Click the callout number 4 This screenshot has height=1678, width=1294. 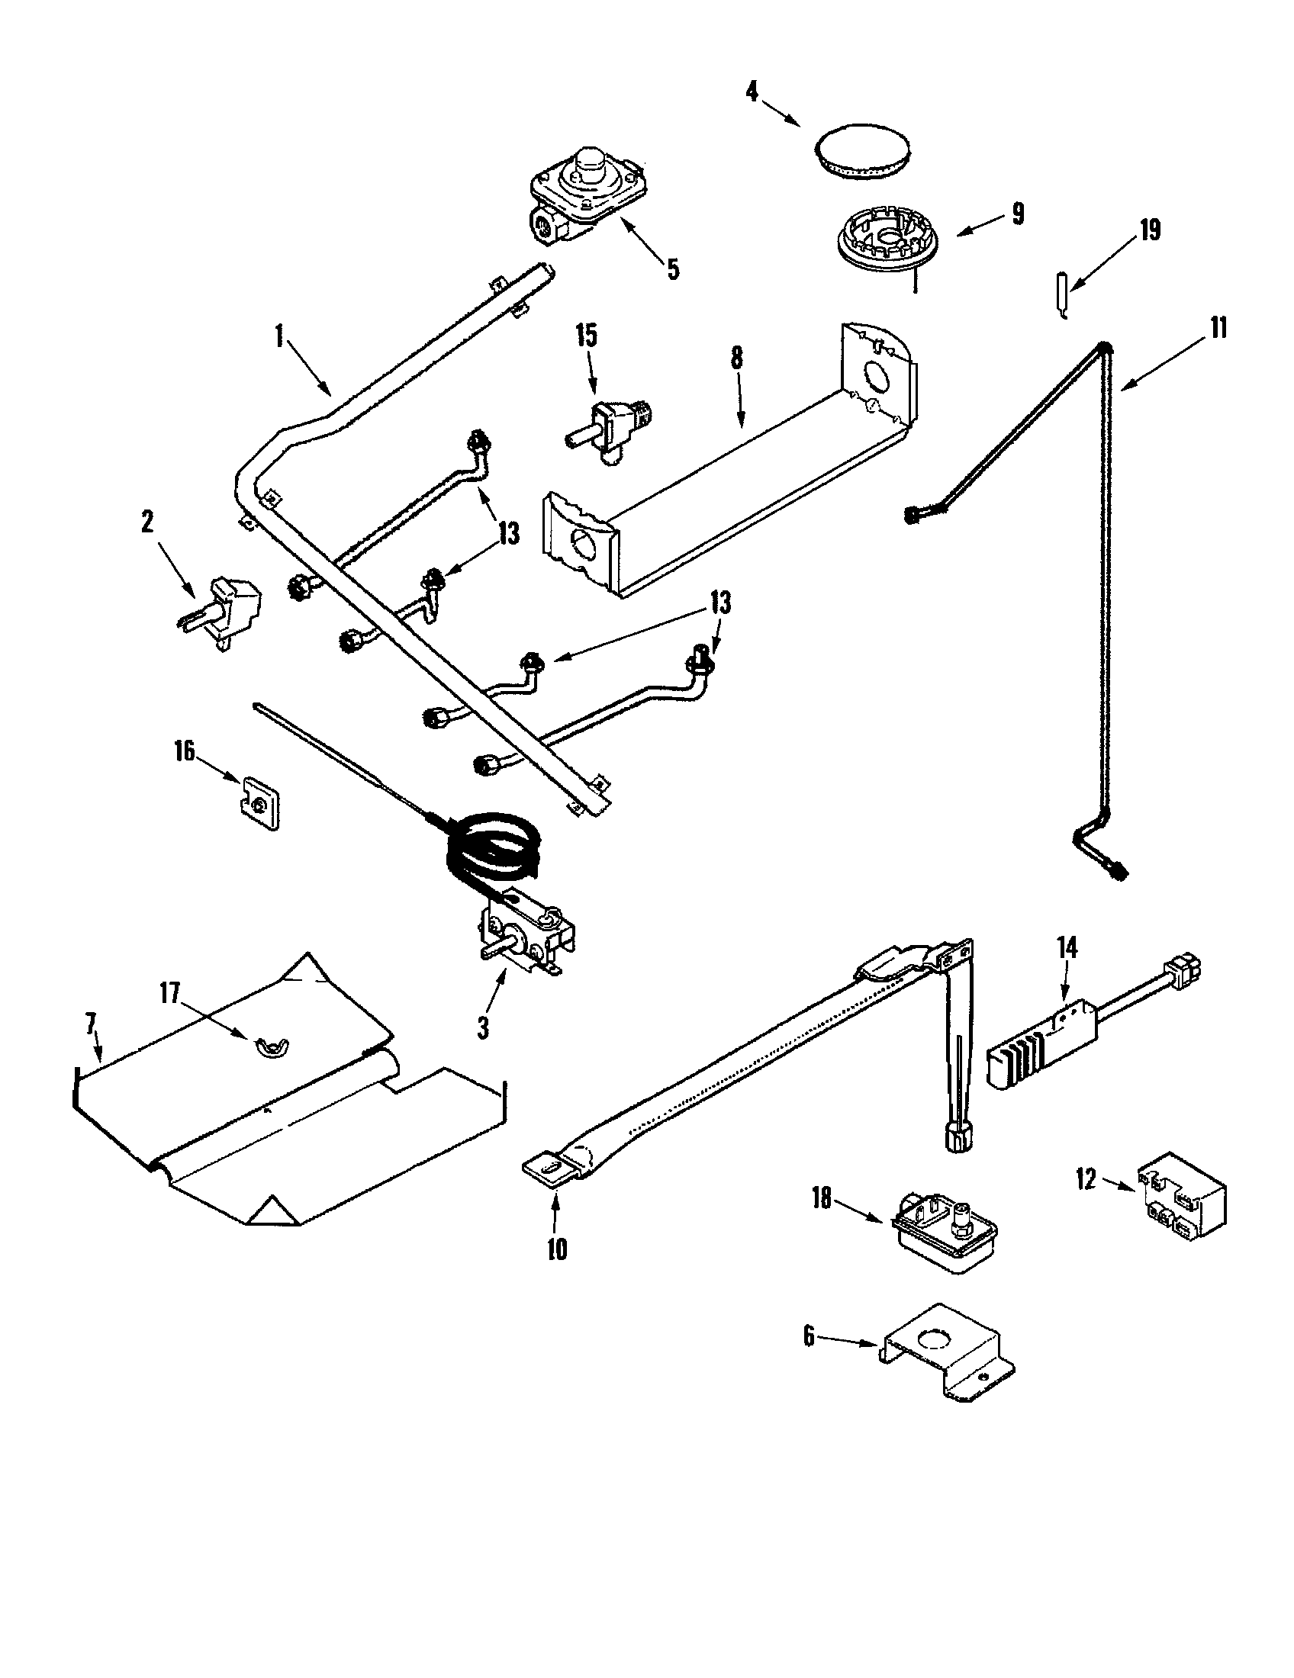point(752,92)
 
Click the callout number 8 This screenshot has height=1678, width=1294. point(737,358)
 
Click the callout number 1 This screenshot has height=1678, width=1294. point(279,336)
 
